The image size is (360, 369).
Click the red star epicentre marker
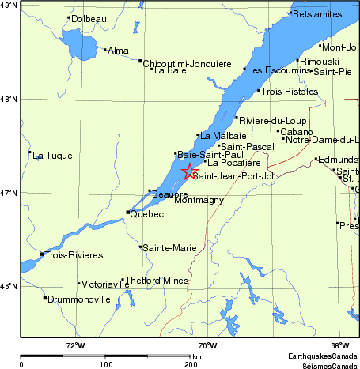click(189, 171)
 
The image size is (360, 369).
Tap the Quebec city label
click(147, 214)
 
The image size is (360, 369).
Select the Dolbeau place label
click(88, 18)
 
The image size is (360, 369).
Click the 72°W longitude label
click(76, 345)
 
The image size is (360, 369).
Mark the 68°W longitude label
click(340, 345)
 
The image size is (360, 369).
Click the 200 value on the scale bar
click(191, 365)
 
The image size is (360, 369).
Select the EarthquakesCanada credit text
click(322, 356)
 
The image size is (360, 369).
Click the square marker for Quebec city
click(128, 212)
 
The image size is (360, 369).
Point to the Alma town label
click(117, 51)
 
